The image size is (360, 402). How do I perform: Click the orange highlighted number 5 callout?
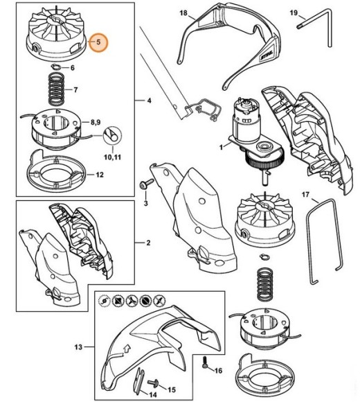point(98,42)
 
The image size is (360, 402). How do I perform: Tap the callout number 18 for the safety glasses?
point(183,12)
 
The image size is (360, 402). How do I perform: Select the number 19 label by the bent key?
point(294,12)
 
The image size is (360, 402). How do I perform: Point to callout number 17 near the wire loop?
point(306,195)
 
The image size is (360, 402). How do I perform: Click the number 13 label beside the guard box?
point(78,347)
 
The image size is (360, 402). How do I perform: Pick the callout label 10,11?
point(112,157)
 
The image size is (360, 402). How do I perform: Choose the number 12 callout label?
point(100,175)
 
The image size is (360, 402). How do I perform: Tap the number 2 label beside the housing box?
point(148,243)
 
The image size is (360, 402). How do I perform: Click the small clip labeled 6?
point(55,67)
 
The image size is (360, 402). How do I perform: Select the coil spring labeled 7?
point(56,89)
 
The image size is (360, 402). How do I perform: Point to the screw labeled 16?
point(205,362)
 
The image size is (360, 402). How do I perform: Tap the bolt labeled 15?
point(153,384)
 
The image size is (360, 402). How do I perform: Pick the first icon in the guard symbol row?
point(105,300)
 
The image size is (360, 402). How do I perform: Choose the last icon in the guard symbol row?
point(159,300)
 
